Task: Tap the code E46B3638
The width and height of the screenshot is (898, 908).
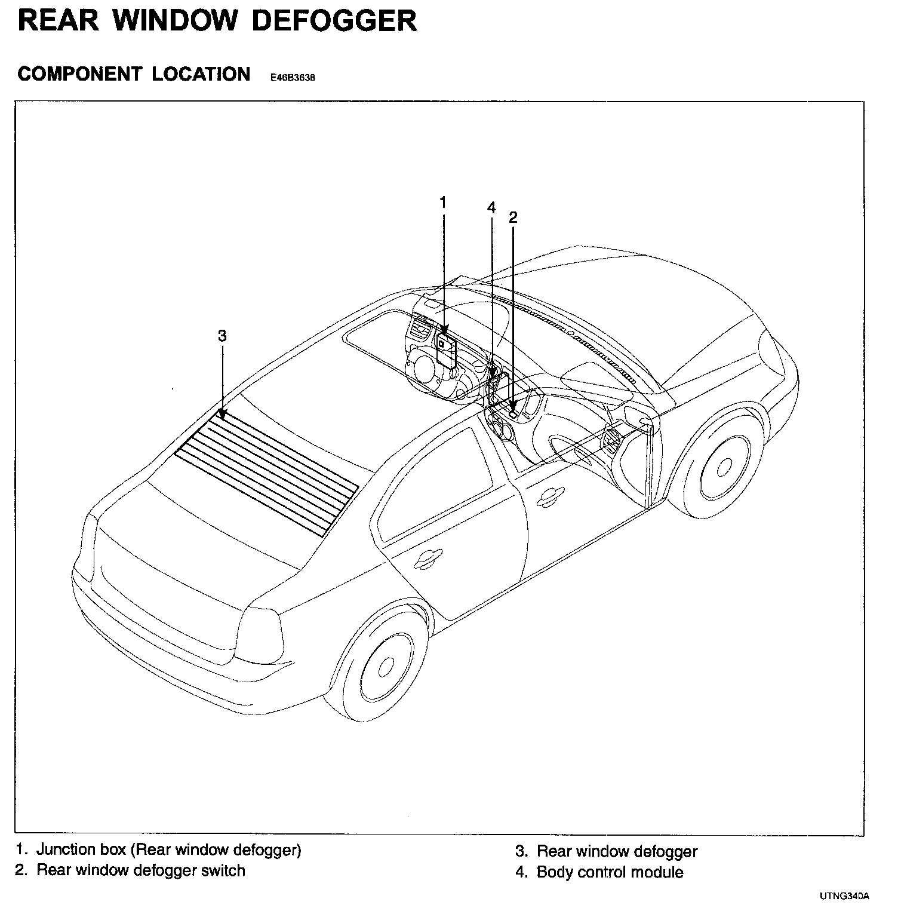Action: pos(293,77)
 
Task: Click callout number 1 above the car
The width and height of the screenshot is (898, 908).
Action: pos(443,203)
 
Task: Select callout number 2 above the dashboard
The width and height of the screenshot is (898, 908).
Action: pos(513,217)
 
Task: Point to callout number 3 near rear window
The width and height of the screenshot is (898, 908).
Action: pos(222,336)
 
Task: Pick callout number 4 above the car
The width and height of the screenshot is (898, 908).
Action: pos(491,207)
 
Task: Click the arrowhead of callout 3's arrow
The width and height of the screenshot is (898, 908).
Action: pos(222,413)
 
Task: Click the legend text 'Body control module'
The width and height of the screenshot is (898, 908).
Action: pos(610,872)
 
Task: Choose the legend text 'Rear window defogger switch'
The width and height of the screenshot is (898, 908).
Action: pos(141,870)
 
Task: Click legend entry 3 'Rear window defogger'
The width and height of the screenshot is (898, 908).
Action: pos(617,851)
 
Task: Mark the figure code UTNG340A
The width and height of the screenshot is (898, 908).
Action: pos(844,896)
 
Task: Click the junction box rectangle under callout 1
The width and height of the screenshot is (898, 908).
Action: pos(446,349)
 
